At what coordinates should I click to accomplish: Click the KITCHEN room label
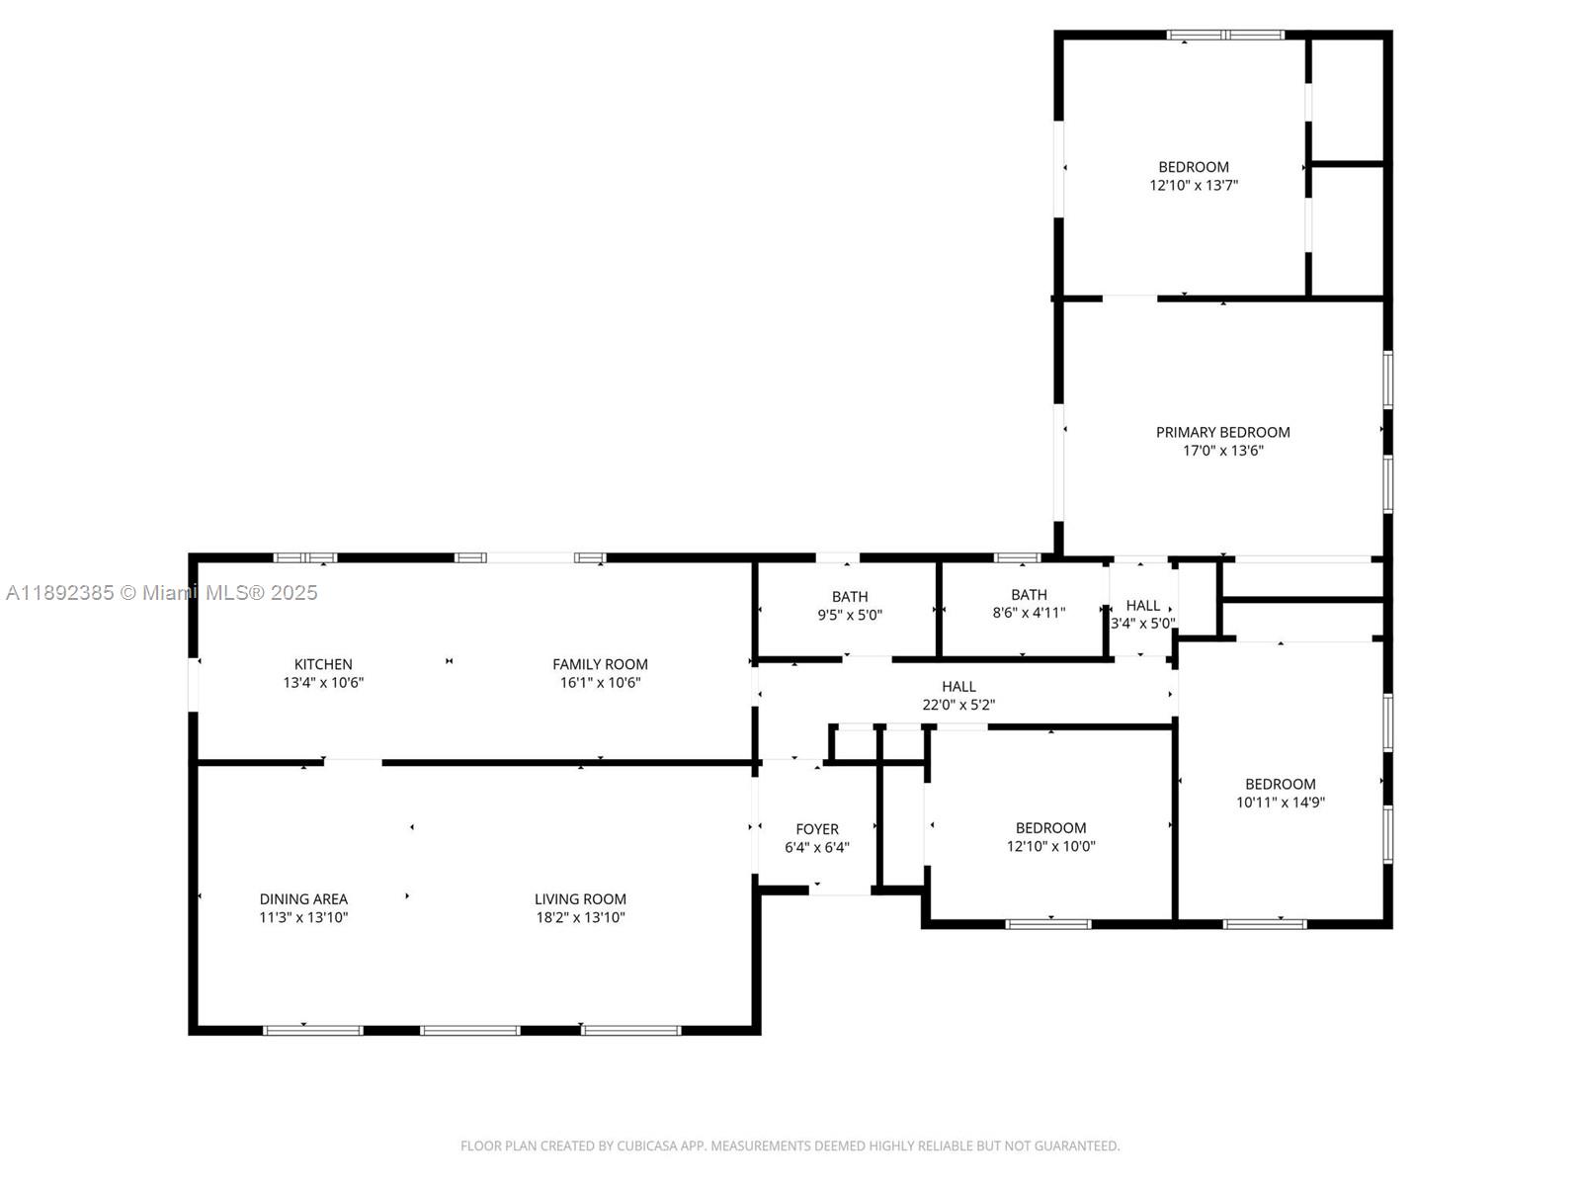(323, 664)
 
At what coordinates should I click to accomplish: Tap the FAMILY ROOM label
(600, 664)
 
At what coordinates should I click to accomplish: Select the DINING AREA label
(303, 898)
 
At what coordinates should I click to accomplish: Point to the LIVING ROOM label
(580, 898)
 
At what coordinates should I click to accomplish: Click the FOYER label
(817, 829)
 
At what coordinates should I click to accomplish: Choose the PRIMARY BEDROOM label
(1222, 432)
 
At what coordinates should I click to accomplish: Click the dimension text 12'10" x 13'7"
(1194, 185)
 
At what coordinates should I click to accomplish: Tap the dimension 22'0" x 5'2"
(957, 705)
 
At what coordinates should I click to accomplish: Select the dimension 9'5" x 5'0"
(849, 615)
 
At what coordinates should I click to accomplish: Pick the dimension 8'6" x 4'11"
(1029, 613)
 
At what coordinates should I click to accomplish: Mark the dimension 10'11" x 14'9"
(1280, 803)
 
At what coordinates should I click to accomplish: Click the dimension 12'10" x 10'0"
(1051, 846)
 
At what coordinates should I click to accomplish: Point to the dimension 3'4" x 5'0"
(1142, 624)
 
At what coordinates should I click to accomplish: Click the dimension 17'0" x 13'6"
(1222, 451)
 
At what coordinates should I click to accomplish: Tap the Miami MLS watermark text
(161, 593)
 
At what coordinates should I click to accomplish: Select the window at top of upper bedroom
(1224, 35)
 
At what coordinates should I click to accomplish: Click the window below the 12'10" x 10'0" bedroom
(1048, 924)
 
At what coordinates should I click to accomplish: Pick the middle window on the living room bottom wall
(469, 1031)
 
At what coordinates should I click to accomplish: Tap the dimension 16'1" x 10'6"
(600, 683)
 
